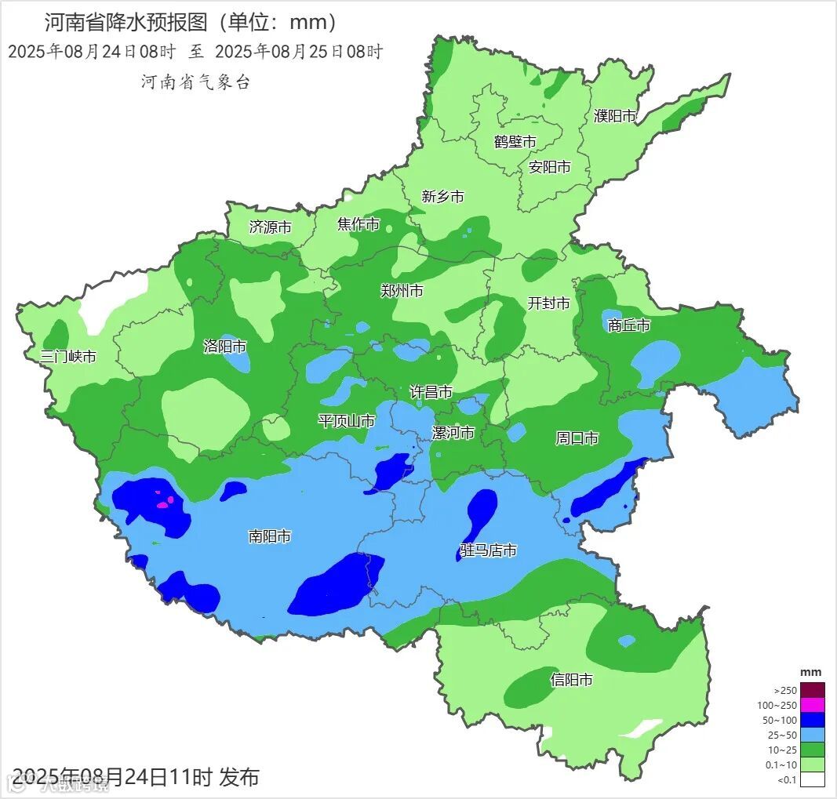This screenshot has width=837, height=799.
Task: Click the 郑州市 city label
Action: click(x=402, y=291)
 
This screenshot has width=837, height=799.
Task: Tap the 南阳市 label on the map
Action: click(x=270, y=536)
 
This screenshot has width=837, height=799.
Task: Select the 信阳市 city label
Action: click(x=571, y=680)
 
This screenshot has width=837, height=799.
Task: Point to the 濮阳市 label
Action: click(x=615, y=116)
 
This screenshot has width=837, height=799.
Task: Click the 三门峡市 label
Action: click(x=68, y=356)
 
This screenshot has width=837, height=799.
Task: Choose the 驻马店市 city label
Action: click(x=488, y=551)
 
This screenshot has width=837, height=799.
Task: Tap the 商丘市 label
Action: click(x=629, y=325)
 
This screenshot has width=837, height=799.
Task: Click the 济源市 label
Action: click(x=270, y=227)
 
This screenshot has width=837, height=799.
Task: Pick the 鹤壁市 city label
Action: click(x=515, y=142)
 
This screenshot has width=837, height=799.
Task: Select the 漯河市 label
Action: click(x=453, y=433)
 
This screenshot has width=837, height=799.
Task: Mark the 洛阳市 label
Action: click(x=225, y=346)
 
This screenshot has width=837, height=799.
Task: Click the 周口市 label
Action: click(x=577, y=438)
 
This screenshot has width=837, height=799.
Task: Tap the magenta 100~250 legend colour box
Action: click(x=813, y=705)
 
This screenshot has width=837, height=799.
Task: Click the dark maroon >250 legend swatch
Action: click(x=813, y=690)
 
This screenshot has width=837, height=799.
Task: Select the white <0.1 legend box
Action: click(x=813, y=779)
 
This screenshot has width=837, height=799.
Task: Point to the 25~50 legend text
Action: click(x=785, y=735)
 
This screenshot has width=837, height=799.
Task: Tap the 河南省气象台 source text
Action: click(x=195, y=82)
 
